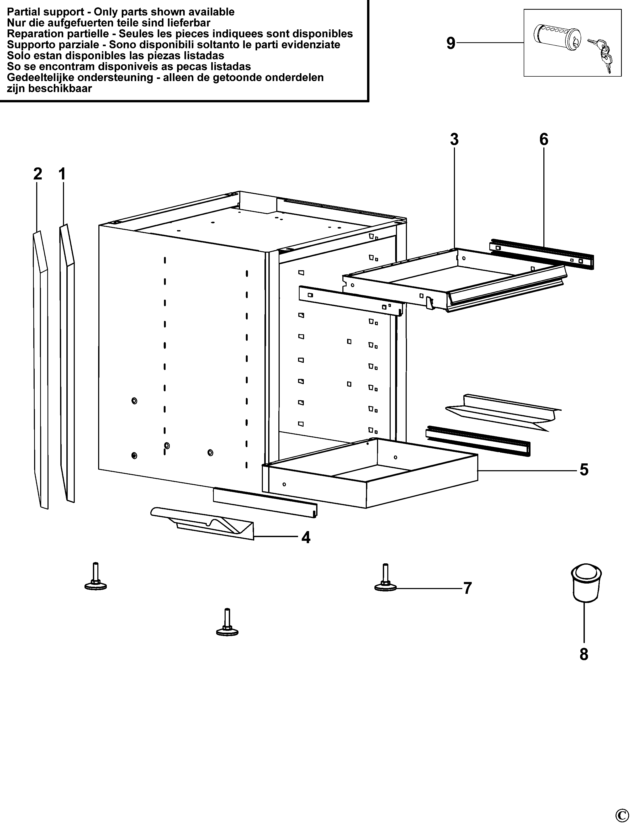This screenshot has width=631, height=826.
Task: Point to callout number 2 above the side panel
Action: pos(38,174)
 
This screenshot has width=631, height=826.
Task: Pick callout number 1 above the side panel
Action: pos(62,174)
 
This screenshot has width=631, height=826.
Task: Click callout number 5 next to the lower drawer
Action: pos(584,469)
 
